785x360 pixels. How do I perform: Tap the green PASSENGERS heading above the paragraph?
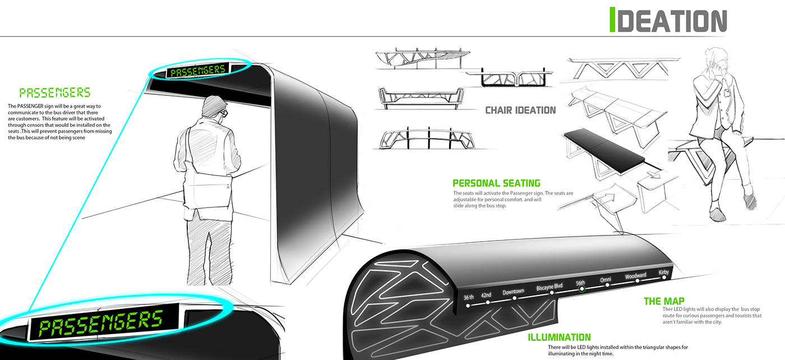point(54,93)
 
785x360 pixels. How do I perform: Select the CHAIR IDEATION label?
point(520,110)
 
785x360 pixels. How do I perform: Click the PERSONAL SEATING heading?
point(496,183)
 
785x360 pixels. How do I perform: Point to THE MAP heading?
point(664,302)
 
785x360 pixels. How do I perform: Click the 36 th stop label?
point(468,297)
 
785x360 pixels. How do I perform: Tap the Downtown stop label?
point(513,292)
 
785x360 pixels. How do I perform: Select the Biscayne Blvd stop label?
point(553,287)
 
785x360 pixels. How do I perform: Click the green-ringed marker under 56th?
point(581,289)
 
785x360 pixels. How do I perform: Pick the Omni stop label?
point(606,280)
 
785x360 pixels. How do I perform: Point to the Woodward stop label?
point(636,276)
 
